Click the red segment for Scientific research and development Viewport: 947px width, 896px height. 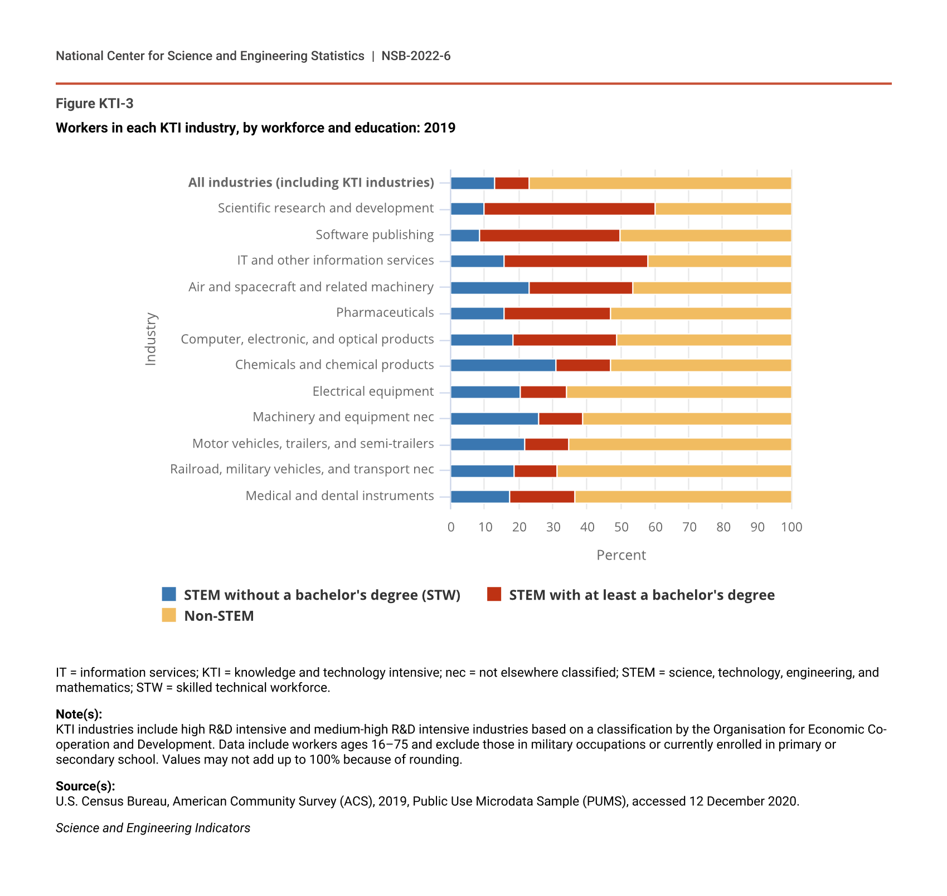pyautogui.click(x=569, y=209)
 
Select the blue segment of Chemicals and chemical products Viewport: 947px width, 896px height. pyautogui.click(x=503, y=365)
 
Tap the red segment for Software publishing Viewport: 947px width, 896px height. pyautogui.click(x=550, y=236)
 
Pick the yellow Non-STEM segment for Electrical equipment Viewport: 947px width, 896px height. pyautogui.click(x=678, y=392)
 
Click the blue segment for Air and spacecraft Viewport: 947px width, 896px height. pyautogui.click(x=489, y=288)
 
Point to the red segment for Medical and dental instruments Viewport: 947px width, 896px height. pyautogui.click(x=542, y=497)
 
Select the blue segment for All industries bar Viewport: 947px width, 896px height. pyautogui.click(x=472, y=183)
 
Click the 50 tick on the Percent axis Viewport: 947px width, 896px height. pyautogui.click(x=621, y=527)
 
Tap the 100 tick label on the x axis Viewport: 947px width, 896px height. pyautogui.click(x=791, y=527)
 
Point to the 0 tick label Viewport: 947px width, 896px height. pyautogui.click(x=451, y=527)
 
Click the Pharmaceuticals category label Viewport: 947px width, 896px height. pyautogui.click(x=385, y=312)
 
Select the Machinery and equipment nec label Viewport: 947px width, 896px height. pyautogui.click(x=343, y=417)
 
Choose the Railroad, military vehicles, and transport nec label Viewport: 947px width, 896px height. pyautogui.click(x=302, y=469)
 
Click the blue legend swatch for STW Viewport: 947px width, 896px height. pyautogui.click(x=169, y=594)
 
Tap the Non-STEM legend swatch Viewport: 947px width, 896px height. pyautogui.click(x=169, y=615)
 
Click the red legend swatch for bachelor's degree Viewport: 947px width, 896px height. pyautogui.click(x=494, y=594)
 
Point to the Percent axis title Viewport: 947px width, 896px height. pyautogui.click(x=621, y=555)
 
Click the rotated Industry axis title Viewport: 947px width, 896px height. pyautogui.click(x=150, y=339)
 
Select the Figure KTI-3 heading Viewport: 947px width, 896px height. pyautogui.click(x=95, y=104)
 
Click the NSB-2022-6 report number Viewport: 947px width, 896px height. pyautogui.click(x=416, y=56)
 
